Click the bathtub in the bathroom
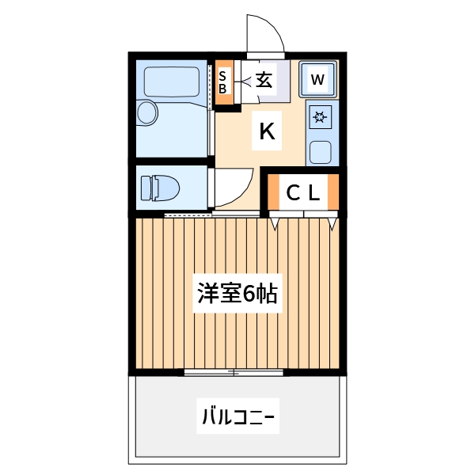pos(172,82)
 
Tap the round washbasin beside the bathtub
pos(147,112)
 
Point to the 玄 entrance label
pos(264,79)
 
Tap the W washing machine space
pos(318,79)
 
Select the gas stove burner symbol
pos(321,119)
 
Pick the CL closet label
pos(302,192)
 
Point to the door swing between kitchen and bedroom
pos(234,190)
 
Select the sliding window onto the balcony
pos(234,371)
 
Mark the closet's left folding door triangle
pos(274,223)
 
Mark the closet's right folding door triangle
pos(332,223)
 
